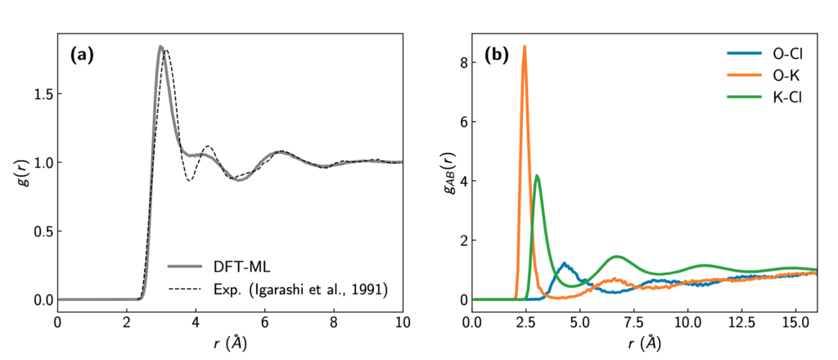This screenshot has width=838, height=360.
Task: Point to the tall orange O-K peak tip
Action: (x=525, y=47)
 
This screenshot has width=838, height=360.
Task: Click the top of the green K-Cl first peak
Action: (x=537, y=175)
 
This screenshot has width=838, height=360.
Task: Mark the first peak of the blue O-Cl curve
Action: (x=565, y=263)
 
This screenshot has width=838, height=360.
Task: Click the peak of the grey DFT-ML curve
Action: (x=160, y=47)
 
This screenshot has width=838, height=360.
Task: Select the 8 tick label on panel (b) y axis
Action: (x=462, y=62)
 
